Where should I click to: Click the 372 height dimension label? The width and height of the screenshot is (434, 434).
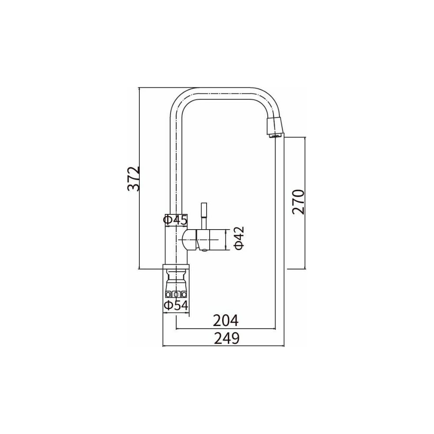(134, 179)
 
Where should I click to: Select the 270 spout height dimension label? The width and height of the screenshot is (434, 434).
(299, 202)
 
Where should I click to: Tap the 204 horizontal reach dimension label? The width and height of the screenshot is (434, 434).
(226, 321)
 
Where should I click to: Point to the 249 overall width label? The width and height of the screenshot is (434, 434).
(227, 338)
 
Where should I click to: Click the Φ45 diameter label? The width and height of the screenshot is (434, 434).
(175, 220)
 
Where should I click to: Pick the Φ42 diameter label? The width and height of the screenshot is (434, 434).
(239, 238)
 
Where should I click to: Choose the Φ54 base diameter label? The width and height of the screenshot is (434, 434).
(176, 305)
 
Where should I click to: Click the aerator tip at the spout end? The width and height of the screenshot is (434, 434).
(275, 127)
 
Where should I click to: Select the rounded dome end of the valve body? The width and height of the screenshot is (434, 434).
(189, 240)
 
